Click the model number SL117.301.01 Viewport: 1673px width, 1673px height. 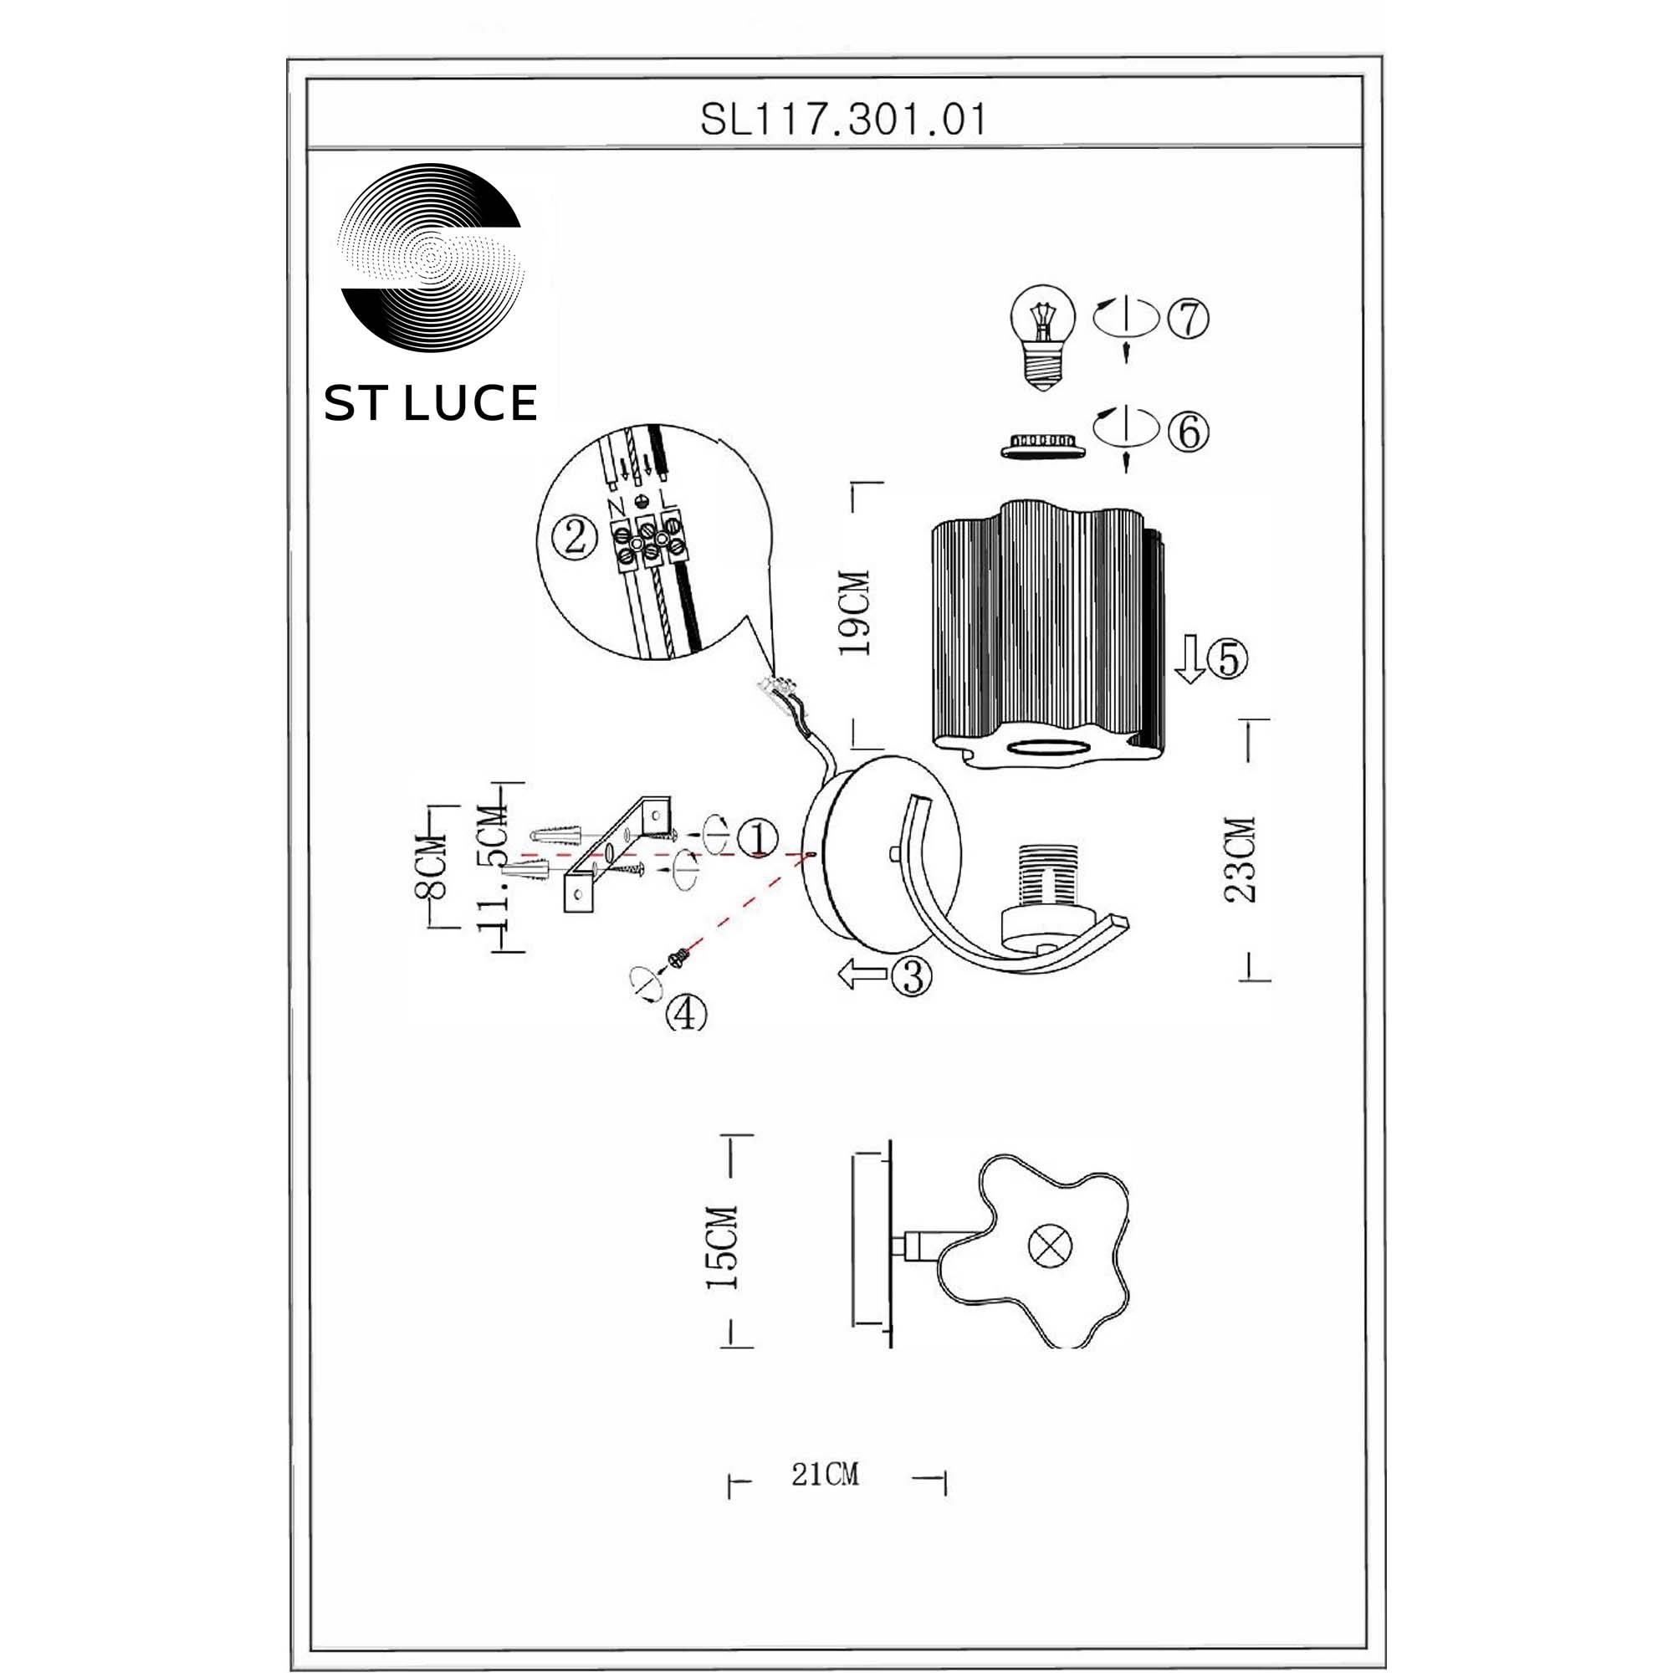point(842,120)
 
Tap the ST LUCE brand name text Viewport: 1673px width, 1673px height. point(430,403)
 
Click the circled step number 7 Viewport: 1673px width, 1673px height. point(1188,319)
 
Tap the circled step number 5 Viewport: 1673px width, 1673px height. point(1228,660)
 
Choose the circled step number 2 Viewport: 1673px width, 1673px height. point(575,538)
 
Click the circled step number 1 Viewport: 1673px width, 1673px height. point(758,837)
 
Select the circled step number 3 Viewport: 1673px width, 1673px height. point(912,977)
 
